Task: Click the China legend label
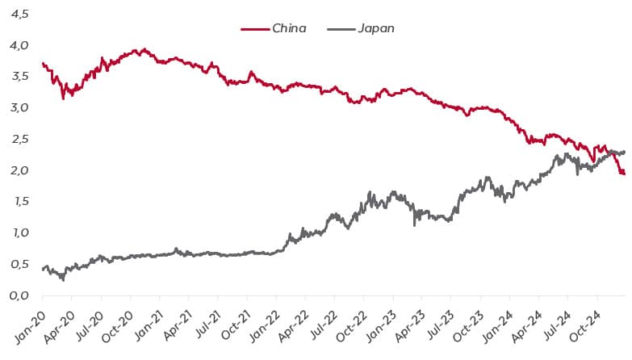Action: (x=289, y=28)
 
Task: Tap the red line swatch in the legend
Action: (x=254, y=29)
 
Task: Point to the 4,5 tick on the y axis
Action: (x=19, y=14)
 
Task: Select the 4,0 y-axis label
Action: (x=19, y=45)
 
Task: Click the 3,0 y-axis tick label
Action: (x=19, y=108)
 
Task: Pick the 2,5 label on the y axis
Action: (x=19, y=140)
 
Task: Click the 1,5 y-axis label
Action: (x=19, y=202)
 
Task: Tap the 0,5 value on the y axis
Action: (x=19, y=265)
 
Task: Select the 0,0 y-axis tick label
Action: (x=19, y=296)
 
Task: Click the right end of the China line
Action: (x=624, y=174)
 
